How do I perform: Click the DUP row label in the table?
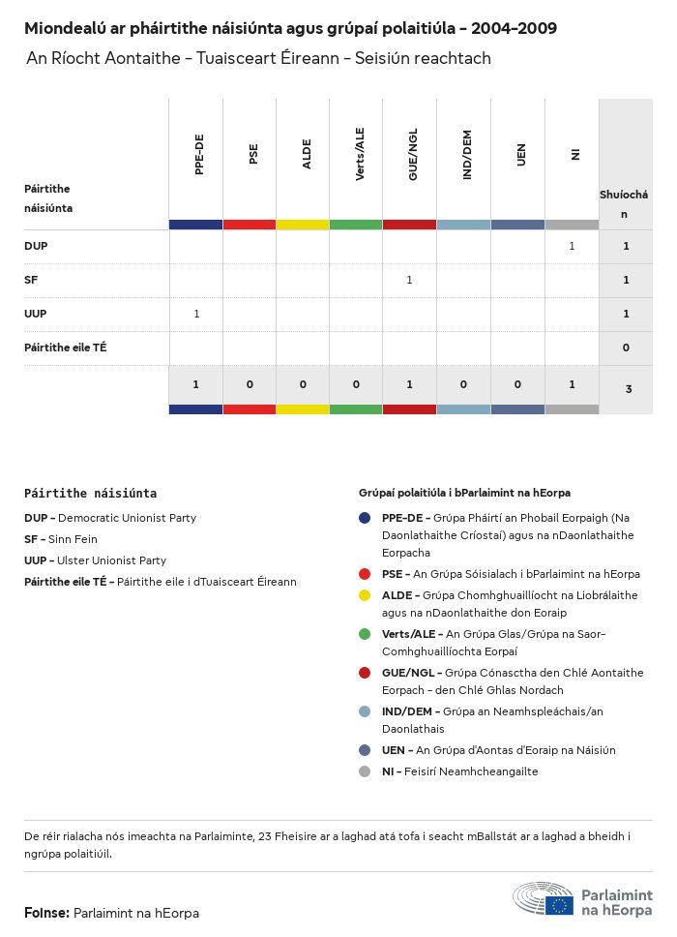(36, 246)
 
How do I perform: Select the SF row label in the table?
(31, 280)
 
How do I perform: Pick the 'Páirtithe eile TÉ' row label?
(66, 347)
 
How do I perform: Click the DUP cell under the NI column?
(572, 246)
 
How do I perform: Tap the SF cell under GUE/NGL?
(409, 280)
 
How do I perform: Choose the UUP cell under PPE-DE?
(196, 314)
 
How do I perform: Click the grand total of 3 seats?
(628, 389)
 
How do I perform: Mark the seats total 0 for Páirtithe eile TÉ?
(626, 348)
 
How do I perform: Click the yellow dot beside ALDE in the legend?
(365, 595)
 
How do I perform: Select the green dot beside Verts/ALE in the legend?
(365, 634)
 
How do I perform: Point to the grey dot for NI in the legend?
(365, 771)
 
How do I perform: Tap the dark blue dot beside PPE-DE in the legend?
(365, 518)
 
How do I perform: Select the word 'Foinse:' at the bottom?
(46, 913)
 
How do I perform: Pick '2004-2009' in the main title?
(520, 29)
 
